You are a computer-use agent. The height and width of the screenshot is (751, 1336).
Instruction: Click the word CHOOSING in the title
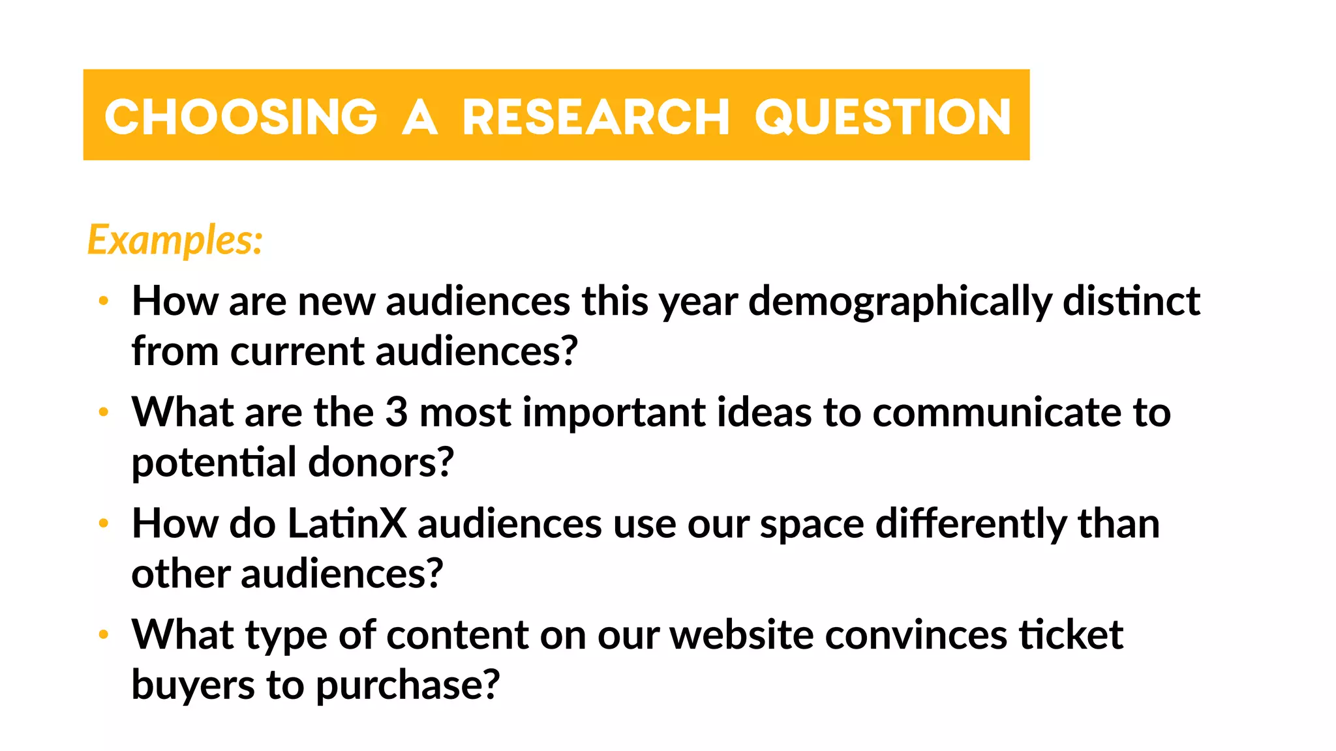pos(241,117)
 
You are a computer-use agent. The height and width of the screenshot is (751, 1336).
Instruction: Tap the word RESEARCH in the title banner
pos(595,117)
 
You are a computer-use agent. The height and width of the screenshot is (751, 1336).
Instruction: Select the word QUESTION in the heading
pos(883,117)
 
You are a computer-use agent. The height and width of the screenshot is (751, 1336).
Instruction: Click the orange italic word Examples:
pos(175,240)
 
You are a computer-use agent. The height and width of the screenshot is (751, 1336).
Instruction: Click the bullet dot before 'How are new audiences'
pos(103,301)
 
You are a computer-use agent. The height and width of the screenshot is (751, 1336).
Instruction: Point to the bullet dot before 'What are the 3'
pos(103,412)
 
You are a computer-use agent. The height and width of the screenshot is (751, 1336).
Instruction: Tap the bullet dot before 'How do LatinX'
pos(103,523)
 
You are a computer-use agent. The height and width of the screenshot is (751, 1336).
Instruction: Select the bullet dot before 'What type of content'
pos(103,634)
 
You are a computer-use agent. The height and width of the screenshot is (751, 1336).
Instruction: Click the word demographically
pos(900,302)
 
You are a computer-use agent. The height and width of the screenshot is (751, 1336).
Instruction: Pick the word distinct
pos(1131,301)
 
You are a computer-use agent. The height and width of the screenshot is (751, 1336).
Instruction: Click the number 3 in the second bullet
pos(397,412)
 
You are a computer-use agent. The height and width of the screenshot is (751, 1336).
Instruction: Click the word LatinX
pos(347,523)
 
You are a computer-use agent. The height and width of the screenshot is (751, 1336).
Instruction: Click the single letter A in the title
pos(419,117)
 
